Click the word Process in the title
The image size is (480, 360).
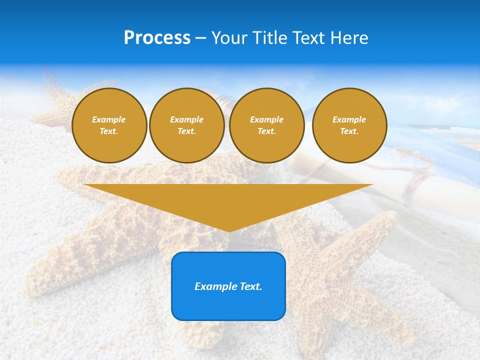(157, 38)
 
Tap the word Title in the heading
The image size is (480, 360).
(269, 38)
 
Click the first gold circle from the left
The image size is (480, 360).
(109, 125)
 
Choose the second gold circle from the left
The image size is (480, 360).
(187, 125)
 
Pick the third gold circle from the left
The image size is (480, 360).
(267, 125)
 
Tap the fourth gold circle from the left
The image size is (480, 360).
(349, 125)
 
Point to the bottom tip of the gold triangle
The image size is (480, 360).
(228, 230)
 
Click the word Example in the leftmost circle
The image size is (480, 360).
(109, 119)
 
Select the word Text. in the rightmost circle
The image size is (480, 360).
(349, 131)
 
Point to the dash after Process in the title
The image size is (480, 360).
(200, 38)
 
